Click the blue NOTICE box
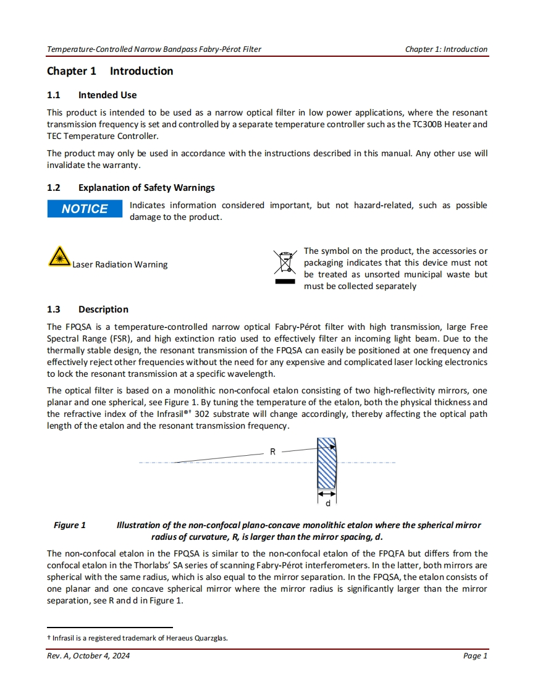(x=85, y=209)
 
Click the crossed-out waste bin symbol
(x=285, y=263)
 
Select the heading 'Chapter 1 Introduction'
(x=110, y=71)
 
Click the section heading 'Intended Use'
(x=107, y=95)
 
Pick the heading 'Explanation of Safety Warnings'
(x=146, y=188)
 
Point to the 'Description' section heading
(x=103, y=309)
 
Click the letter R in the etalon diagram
(x=272, y=452)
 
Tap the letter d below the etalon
(x=327, y=503)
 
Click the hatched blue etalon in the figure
(x=326, y=463)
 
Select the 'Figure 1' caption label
(x=70, y=526)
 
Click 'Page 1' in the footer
(x=475, y=656)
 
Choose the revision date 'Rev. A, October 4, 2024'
(x=88, y=656)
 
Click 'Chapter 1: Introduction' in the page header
(x=446, y=49)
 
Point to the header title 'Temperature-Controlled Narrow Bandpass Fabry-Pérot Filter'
(x=154, y=49)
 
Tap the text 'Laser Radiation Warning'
(x=120, y=265)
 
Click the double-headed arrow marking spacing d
(x=327, y=493)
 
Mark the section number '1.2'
(x=54, y=188)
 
